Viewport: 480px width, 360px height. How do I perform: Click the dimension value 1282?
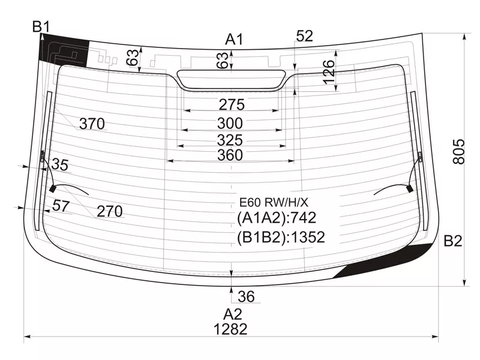pyautogui.click(x=230, y=329)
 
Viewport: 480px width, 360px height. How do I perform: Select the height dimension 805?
pyautogui.click(x=458, y=152)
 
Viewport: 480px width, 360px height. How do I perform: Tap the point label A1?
pyautogui.click(x=234, y=40)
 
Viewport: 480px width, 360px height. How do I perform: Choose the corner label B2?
pyautogui.click(x=453, y=242)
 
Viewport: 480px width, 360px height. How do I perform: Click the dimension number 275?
pyautogui.click(x=231, y=105)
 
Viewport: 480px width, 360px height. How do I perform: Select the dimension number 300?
pyautogui.click(x=231, y=124)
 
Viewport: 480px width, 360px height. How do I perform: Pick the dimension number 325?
pyautogui.click(x=231, y=140)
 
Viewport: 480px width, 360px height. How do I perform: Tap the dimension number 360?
pyautogui.click(x=231, y=155)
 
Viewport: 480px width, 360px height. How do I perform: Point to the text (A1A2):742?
pyautogui.click(x=277, y=218)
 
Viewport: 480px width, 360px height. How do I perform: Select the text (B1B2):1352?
pyautogui.click(x=281, y=238)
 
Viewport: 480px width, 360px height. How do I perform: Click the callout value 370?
pyautogui.click(x=92, y=124)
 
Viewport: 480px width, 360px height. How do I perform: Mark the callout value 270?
pyautogui.click(x=110, y=211)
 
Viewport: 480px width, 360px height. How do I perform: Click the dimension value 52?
pyautogui.click(x=305, y=36)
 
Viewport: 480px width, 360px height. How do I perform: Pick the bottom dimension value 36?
pyautogui.click(x=246, y=296)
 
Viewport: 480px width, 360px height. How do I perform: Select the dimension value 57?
pyautogui.click(x=61, y=206)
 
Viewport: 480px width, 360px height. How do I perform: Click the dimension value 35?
pyautogui.click(x=59, y=164)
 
